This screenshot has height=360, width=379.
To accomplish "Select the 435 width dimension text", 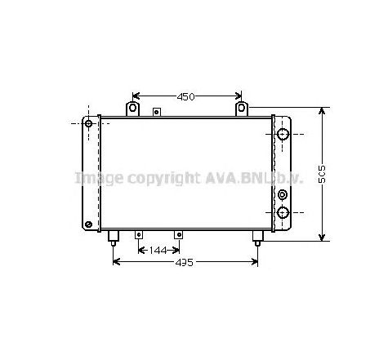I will tap(185, 263).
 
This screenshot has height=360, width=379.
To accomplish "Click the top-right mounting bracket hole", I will tap(241, 109).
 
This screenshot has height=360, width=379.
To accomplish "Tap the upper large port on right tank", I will tap(283, 134).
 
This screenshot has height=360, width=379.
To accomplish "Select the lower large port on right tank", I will tap(283, 213).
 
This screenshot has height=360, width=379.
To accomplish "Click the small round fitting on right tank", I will tap(283, 194).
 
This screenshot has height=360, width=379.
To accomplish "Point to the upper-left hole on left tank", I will tap(89, 124).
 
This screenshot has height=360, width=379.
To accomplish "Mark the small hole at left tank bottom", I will tap(88, 224).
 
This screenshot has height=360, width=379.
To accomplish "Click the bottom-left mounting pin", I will tap(113, 238).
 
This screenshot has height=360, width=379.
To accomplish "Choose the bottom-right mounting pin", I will tap(257, 238).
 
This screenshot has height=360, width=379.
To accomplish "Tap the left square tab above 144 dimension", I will tap(138, 234).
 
